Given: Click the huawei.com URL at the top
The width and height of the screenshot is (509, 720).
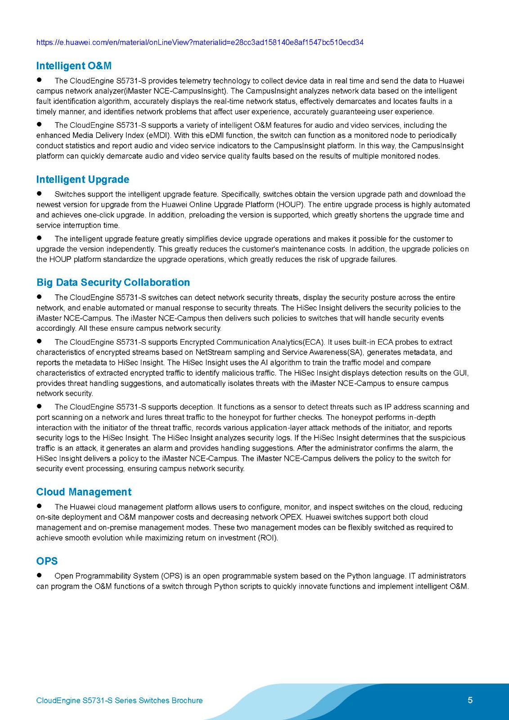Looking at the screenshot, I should click(200, 42).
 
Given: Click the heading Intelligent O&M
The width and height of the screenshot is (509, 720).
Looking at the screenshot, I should click(74, 66).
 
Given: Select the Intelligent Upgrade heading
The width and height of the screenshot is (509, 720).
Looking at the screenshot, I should click(83, 180).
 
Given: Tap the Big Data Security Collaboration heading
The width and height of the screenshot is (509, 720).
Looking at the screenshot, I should click(113, 282).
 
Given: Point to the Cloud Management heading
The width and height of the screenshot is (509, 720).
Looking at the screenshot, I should click(84, 492).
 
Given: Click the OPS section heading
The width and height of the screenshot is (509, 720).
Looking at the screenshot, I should click(47, 561).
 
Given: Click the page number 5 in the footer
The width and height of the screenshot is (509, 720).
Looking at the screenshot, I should click(470, 700).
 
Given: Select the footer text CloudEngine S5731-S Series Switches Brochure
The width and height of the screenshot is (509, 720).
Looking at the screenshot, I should click(119, 701).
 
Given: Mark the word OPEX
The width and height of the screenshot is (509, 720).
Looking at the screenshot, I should click(290, 517).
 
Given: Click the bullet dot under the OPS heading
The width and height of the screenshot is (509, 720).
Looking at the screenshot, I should click(40, 575).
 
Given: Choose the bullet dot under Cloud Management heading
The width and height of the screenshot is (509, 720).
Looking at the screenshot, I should click(40, 506).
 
